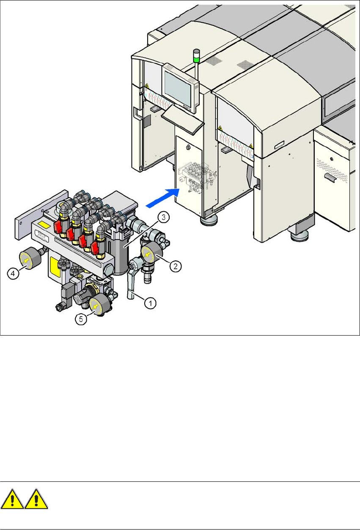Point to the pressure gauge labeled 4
[x=27, y=260]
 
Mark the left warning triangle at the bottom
[x=12, y=500]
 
